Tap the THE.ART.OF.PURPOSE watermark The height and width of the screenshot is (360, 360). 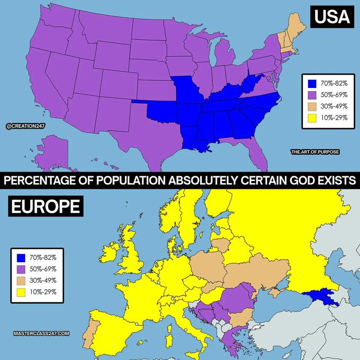point(315,152)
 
